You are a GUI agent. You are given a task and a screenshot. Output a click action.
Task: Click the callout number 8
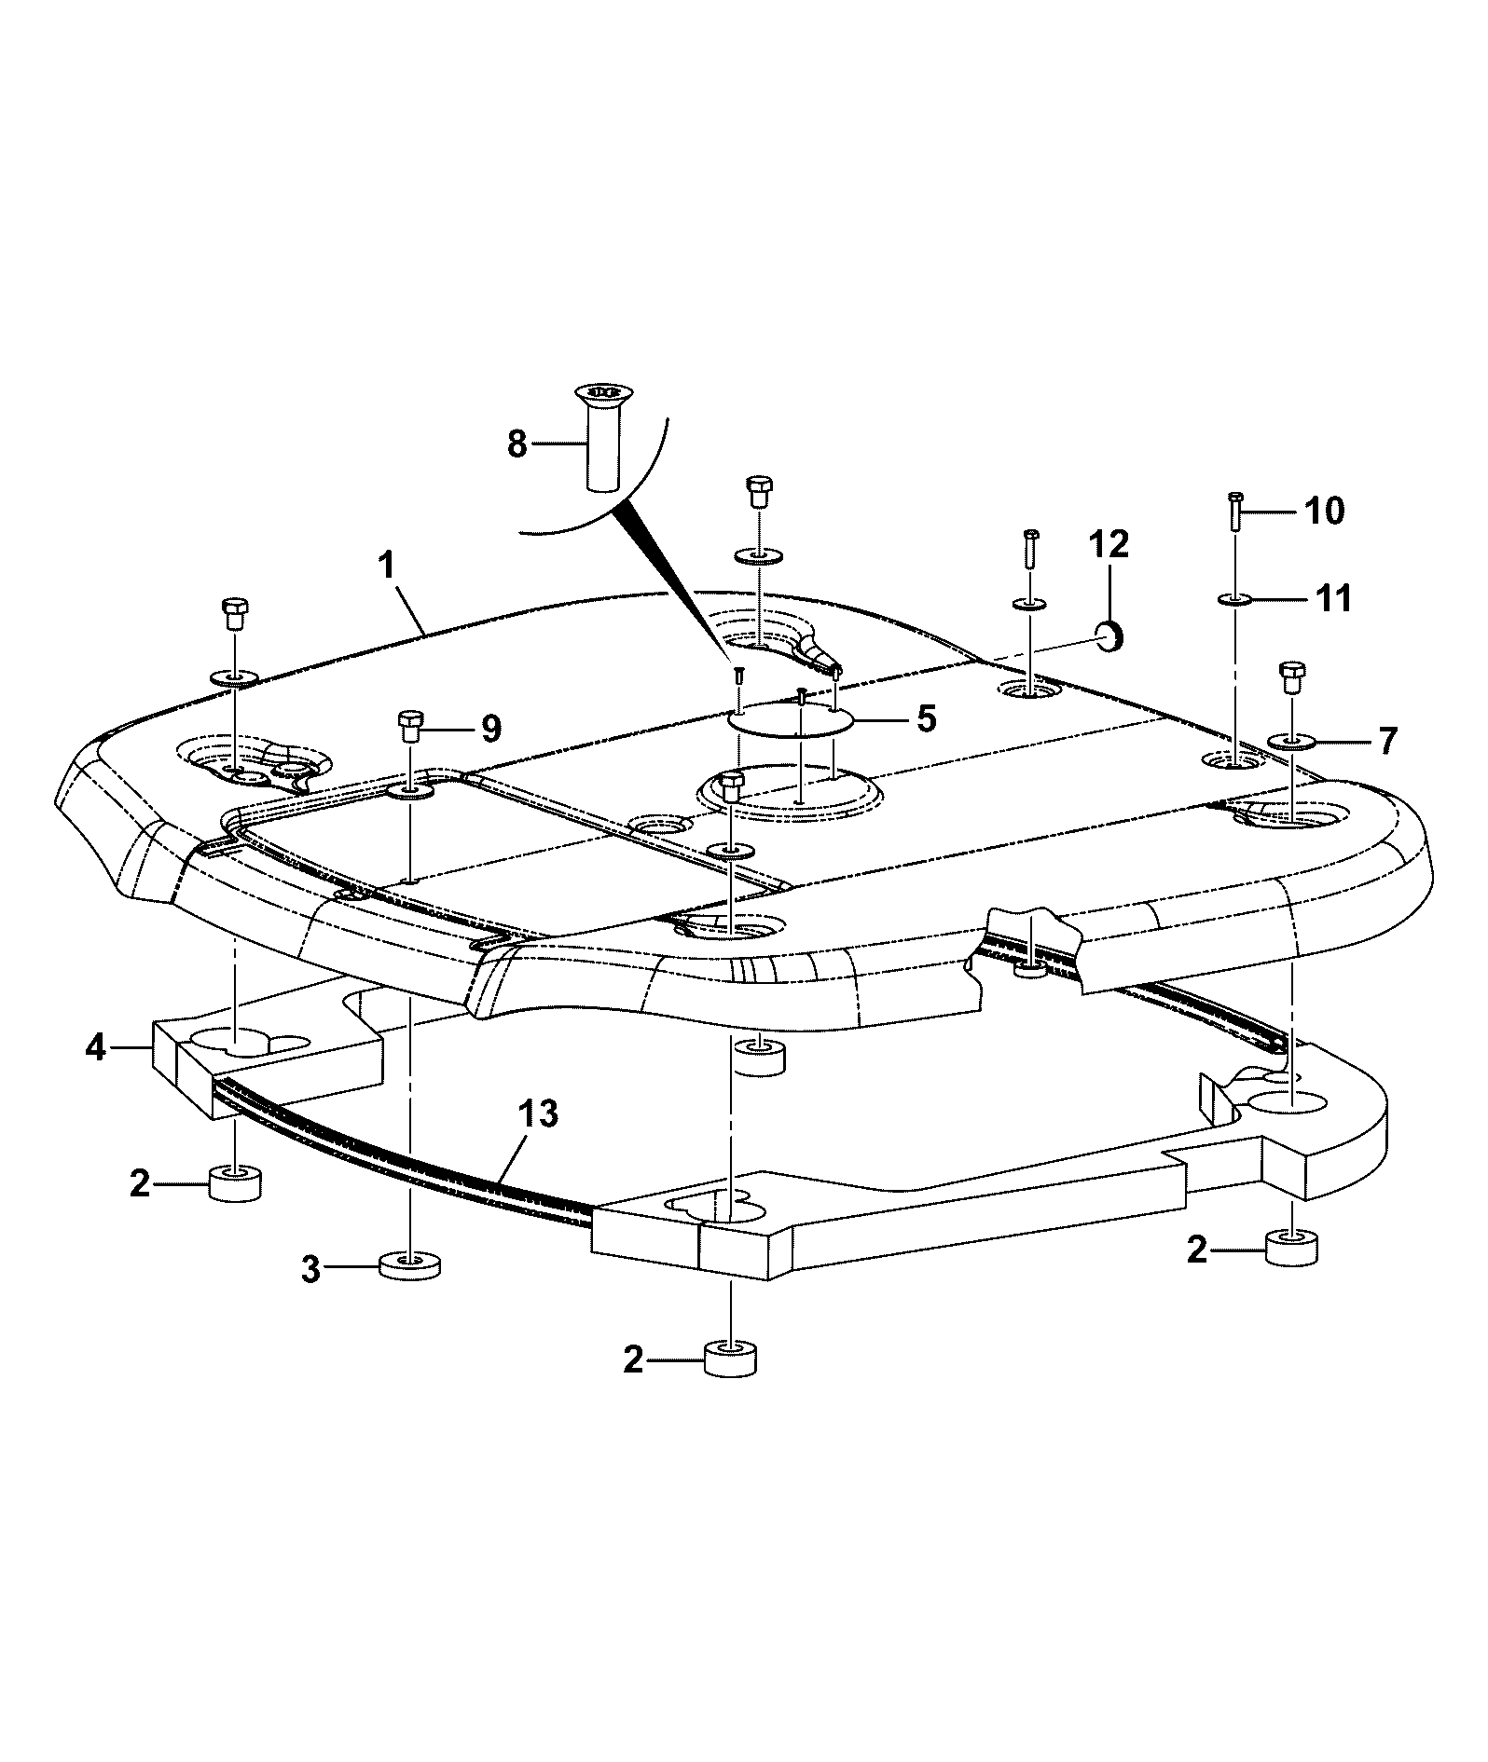[x=517, y=444]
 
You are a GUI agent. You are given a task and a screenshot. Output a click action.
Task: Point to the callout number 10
[x=1325, y=511]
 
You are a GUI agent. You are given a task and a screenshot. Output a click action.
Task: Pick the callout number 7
[x=1388, y=715]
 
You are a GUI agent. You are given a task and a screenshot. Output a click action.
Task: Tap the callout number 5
[x=926, y=719]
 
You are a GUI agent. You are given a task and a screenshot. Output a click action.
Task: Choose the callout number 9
[x=491, y=727]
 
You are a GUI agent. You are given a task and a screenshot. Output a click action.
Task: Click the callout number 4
[x=95, y=1048]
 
